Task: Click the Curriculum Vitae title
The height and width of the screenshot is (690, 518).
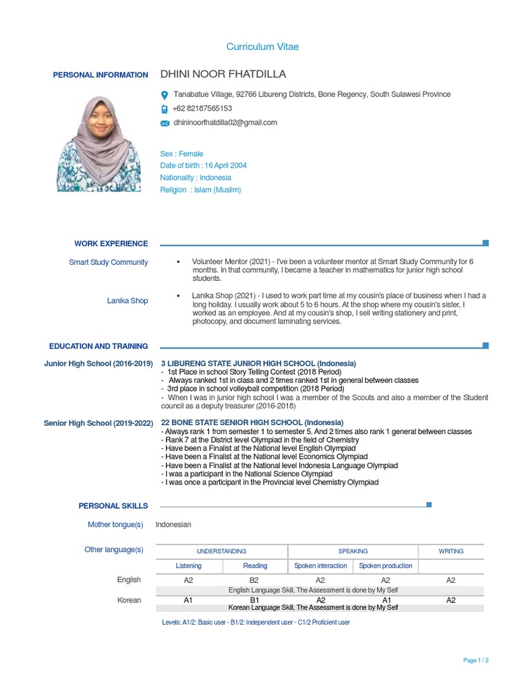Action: pyautogui.click(x=262, y=47)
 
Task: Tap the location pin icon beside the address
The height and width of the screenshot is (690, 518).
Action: pyautogui.click(x=165, y=95)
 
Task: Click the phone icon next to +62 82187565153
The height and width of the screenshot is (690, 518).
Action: pyautogui.click(x=165, y=108)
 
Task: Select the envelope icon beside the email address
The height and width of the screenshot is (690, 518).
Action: pyautogui.click(x=165, y=123)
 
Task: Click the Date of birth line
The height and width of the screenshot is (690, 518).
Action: pyautogui.click(x=203, y=166)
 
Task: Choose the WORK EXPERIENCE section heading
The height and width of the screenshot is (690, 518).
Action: pyautogui.click(x=111, y=244)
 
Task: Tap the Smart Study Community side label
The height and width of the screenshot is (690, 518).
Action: pyautogui.click(x=108, y=262)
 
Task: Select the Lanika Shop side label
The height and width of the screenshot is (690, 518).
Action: pyautogui.click(x=127, y=301)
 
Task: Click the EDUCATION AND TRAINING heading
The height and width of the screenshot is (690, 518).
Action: pyautogui.click(x=98, y=346)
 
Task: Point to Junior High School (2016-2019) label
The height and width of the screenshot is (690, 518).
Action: pyautogui.click(x=98, y=363)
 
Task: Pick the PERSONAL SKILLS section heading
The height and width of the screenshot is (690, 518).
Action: pyautogui.click(x=113, y=505)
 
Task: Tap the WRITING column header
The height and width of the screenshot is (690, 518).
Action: pyautogui.click(x=451, y=551)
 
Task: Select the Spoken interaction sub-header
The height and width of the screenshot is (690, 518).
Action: pyautogui.click(x=321, y=566)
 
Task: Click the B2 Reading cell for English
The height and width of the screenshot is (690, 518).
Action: pyautogui.click(x=255, y=580)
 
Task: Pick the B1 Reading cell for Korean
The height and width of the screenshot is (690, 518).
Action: pyautogui.click(x=255, y=600)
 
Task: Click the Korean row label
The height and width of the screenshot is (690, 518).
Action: pyautogui.click(x=129, y=600)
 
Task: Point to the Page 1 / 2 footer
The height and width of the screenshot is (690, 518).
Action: pyautogui.click(x=476, y=660)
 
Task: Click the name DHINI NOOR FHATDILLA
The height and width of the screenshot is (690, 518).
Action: pyautogui.click(x=223, y=74)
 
